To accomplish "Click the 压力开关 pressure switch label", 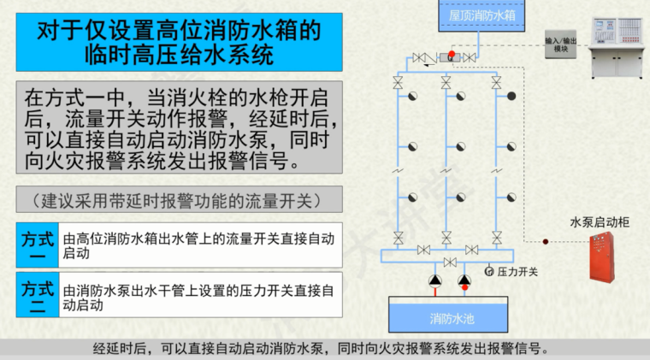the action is pos(518,272).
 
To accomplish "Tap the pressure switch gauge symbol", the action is pos(489,272).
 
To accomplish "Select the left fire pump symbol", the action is pos(434,281).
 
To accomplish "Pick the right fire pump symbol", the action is pos(464,281).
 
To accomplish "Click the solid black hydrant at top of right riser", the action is pos(511,96).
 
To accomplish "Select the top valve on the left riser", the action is pos(398,83).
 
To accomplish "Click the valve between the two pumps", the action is pos(449,263).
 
